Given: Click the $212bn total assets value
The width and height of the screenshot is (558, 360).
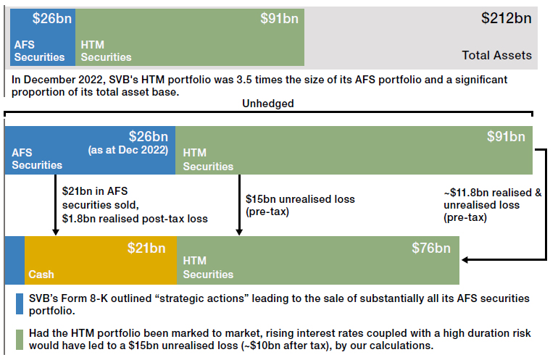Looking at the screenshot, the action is click(x=506, y=18).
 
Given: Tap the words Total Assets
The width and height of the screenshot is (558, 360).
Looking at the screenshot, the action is click(x=497, y=55).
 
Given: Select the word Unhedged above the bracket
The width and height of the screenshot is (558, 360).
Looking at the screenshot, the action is click(x=268, y=104).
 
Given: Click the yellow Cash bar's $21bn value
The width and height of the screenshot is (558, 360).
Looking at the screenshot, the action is click(x=146, y=248).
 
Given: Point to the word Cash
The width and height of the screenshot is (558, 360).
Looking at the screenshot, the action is click(x=41, y=275).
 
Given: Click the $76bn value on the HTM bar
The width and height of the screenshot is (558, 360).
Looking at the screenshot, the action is click(x=431, y=248).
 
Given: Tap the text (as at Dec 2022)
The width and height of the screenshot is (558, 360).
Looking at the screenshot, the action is click(x=128, y=150).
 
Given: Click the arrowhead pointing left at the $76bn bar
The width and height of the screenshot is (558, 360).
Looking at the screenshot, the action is click(x=465, y=260).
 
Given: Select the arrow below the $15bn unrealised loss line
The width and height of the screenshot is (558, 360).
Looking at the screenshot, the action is click(x=239, y=205).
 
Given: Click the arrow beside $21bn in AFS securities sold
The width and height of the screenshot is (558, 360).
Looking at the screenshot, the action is click(x=56, y=205).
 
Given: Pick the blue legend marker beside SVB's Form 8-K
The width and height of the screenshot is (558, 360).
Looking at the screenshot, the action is click(x=20, y=304).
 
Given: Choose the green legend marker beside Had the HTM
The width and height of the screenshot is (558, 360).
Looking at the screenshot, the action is click(x=20, y=340).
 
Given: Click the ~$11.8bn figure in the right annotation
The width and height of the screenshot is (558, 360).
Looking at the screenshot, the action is click(x=465, y=193).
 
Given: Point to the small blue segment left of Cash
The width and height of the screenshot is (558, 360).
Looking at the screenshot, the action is click(x=14, y=260).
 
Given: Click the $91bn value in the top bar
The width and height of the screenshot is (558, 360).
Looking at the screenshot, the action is click(x=279, y=19).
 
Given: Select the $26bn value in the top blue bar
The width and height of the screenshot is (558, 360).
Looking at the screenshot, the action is click(x=52, y=19).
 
